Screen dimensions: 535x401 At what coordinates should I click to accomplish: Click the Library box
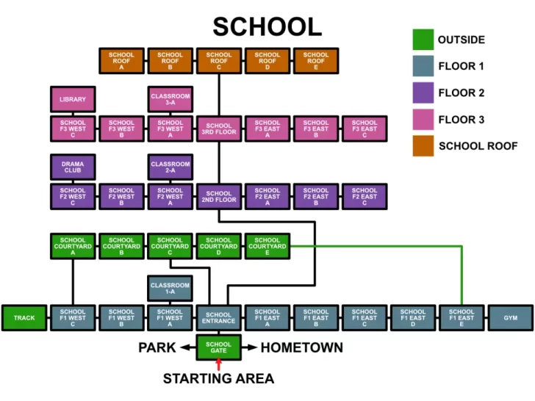pos(73,99)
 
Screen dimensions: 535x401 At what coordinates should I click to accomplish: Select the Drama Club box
pos(73,167)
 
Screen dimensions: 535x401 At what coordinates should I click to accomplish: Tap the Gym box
pos(511,318)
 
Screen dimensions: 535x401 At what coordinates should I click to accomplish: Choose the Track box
pos(24,318)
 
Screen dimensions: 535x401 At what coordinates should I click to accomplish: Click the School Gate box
pos(219,347)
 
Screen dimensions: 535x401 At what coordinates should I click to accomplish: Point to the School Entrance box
pos(219,318)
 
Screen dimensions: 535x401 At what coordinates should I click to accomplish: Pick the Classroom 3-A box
pos(170,99)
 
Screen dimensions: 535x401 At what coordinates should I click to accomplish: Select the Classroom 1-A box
pos(170,289)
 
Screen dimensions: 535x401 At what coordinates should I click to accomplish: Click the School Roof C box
pos(219,61)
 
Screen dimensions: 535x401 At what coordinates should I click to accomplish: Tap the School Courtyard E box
pos(267,246)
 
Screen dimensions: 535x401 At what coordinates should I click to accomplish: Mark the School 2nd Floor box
pos(219,196)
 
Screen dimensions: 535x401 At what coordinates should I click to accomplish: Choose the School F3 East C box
pos(365,129)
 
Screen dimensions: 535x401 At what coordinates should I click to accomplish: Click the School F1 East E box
pos(462,318)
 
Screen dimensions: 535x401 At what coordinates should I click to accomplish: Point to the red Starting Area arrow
pos(219,364)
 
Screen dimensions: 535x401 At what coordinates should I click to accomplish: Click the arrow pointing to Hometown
pos(249,347)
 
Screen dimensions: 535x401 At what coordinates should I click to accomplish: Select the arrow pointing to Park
pos(188,347)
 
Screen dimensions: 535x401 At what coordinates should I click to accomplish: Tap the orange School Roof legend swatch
pos(423,146)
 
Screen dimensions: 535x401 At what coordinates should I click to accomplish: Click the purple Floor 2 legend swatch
pos(423,93)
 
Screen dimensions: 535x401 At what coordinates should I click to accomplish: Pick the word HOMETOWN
pos(302,348)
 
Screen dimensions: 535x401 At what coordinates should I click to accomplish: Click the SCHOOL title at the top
pos(267,26)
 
